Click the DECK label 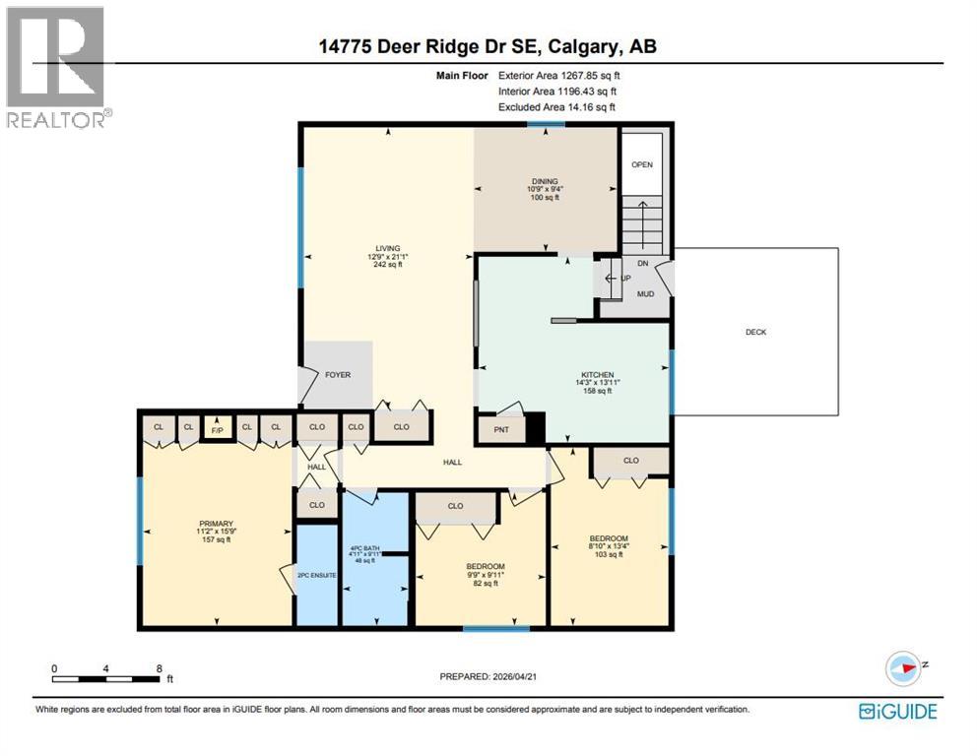(755, 332)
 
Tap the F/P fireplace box (216, 427)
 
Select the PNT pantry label (501, 430)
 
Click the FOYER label (338, 375)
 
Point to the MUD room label (645, 293)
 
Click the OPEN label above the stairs (642, 164)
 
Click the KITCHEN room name (597, 375)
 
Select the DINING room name (545, 181)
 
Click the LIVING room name (386, 249)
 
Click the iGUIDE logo (897, 711)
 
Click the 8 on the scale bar (159, 667)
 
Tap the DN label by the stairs (642, 264)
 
